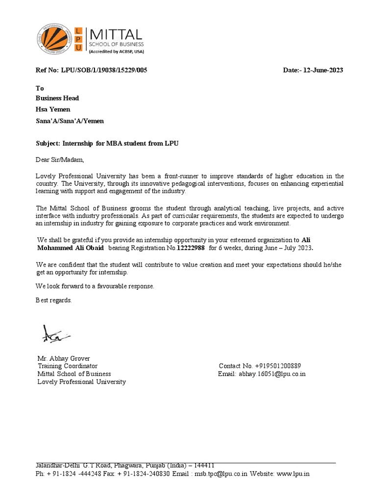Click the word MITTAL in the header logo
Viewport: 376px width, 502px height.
(x=115, y=34)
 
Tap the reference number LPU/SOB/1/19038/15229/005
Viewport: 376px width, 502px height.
(x=104, y=70)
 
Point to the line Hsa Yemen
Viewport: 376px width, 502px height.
(x=53, y=109)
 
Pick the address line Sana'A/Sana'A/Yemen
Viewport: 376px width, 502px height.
(x=70, y=121)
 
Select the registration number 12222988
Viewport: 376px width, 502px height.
(x=190, y=248)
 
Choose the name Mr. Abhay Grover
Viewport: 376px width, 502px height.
(x=64, y=358)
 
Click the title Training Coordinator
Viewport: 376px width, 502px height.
(x=68, y=366)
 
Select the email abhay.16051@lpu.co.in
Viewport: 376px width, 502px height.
(x=272, y=374)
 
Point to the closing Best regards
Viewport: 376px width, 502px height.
(x=54, y=300)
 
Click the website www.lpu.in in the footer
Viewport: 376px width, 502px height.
(x=293, y=474)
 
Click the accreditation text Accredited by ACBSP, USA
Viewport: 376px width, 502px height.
(x=116, y=51)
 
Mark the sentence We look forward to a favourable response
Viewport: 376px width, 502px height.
(x=95, y=286)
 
